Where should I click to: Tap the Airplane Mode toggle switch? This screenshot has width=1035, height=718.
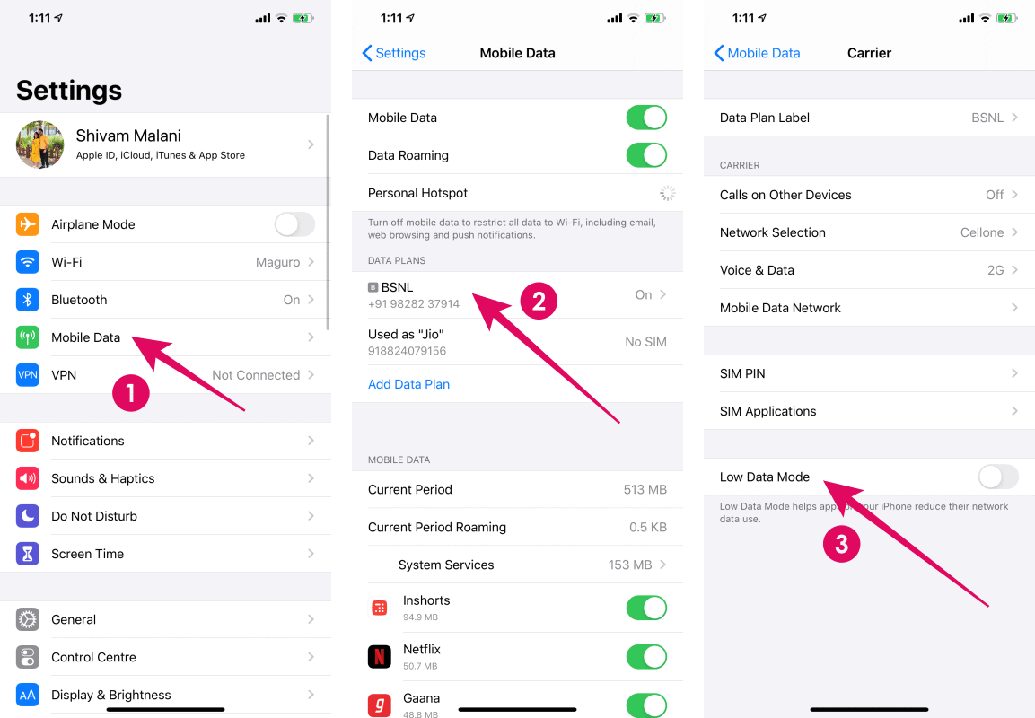click(294, 224)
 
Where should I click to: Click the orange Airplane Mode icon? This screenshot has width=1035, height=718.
click(28, 224)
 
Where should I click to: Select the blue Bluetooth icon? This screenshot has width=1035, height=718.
click(28, 300)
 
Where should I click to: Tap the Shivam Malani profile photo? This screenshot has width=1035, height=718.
click(39, 144)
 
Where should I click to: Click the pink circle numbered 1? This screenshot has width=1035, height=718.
click(131, 393)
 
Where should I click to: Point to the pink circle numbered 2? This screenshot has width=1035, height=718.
click(539, 301)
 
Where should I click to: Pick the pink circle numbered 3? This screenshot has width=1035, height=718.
click(842, 544)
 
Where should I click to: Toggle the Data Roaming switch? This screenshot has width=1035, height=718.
click(646, 155)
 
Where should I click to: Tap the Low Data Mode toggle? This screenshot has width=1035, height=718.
click(998, 477)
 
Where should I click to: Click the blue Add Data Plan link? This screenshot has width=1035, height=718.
click(408, 384)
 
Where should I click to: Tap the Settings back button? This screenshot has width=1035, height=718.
click(394, 53)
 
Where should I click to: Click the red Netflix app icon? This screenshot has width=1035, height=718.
click(380, 656)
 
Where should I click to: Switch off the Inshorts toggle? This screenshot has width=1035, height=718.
click(646, 608)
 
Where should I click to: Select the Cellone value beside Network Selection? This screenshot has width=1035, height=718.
click(982, 232)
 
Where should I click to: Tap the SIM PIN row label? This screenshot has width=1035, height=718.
click(742, 373)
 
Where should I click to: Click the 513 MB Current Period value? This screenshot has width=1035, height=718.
click(645, 489)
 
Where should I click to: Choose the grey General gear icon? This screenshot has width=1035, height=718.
click(28, 619)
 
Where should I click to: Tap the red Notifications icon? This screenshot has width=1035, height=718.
click(28, 441)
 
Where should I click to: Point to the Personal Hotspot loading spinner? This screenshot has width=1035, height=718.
click(667, 193)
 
